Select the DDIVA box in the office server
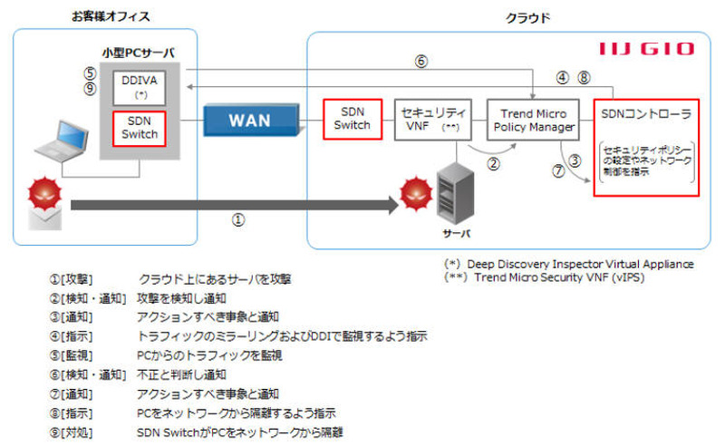pos(140,85)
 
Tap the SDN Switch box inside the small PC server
pos(140,128)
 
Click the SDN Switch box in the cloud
pos(353,119)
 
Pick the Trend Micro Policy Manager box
pos(531,120)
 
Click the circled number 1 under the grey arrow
pos(238,220)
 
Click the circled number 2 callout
pos(494,164)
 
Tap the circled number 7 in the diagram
pos(558,170)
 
